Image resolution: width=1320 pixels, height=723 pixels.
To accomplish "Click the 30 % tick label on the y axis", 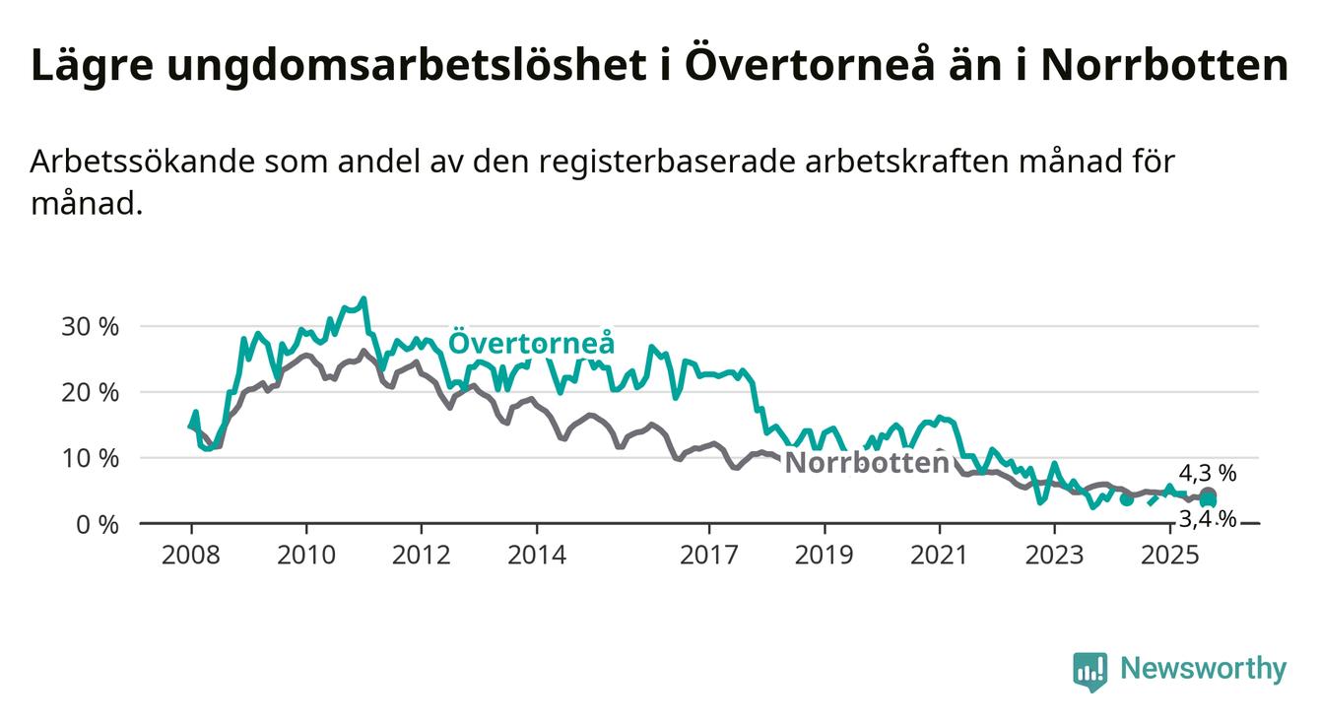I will click(90, 326).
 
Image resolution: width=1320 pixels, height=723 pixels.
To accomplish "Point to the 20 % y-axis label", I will click(90, 392).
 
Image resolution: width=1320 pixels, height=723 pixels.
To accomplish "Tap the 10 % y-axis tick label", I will click(90, 458).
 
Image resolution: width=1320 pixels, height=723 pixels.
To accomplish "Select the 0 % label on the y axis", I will click(97, 524).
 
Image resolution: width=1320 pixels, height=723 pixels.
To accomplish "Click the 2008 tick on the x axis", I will click(191, 555).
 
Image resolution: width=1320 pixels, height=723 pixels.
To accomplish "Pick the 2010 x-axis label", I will click(306, 555).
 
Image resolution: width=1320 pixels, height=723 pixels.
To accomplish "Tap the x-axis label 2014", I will click(537, 555).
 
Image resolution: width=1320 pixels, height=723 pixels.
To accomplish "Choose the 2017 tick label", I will click(709, 555).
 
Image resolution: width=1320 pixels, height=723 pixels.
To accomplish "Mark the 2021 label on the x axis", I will click(940, 555).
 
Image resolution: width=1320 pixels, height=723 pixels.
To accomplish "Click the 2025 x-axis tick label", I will click(1169, 555).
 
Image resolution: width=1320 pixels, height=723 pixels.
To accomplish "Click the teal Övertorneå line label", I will click(532, 343).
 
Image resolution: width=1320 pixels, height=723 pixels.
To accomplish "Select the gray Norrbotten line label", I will click(867, 463).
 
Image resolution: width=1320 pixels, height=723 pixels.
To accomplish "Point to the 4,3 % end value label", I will click(1208, 474).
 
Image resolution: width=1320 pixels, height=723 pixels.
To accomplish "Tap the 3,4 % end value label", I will click(1208, 518).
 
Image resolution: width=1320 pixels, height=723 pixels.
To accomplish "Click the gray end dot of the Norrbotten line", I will click(1208, 495).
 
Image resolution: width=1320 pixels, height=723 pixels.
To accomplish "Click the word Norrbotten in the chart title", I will click(1164, 66).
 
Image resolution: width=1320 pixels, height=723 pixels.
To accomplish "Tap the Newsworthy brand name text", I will click(1204, 670).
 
